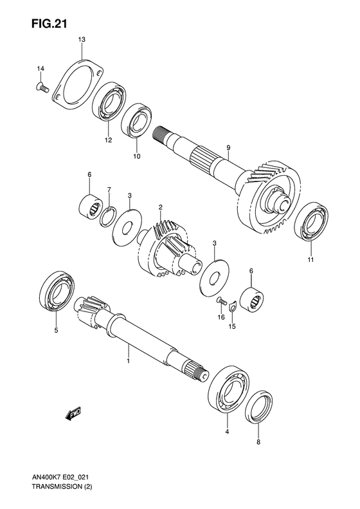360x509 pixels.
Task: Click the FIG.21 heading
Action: (49, 24)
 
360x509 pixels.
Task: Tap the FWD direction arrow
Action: (73, 414)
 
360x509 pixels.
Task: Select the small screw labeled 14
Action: (42, 87)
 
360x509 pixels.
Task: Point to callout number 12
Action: (107, 140)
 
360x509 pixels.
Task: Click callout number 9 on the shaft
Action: (228, 148)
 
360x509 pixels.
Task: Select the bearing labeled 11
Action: (310, 222)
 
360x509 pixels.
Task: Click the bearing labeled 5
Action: (57, 292)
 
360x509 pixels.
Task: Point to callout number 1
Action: (128, 360)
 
